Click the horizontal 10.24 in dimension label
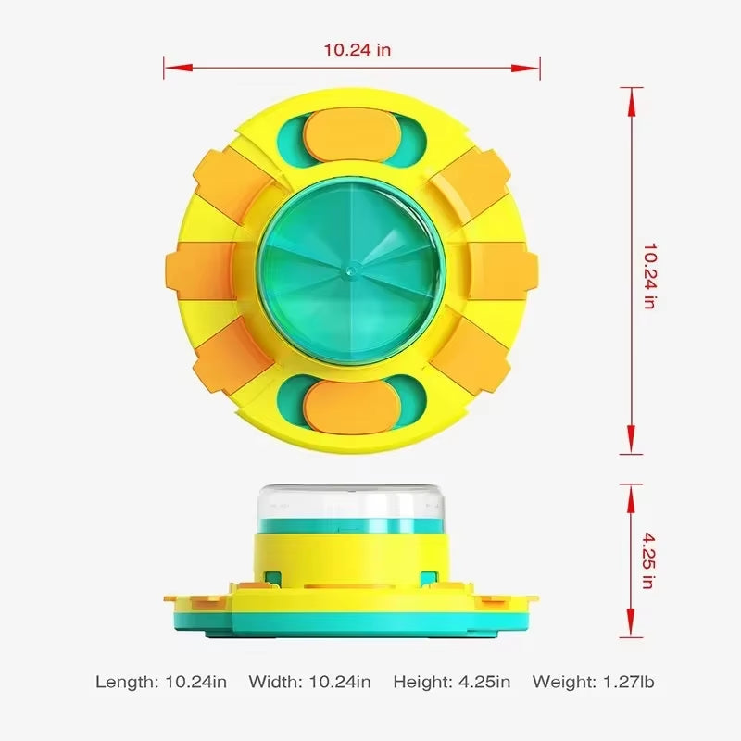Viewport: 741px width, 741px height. [357, 50]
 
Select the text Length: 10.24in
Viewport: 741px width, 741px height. [161, 682]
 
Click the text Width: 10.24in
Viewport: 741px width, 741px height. [309, 682]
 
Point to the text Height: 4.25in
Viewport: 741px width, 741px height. [451, 682]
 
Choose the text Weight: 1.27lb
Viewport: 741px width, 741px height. [594, 682]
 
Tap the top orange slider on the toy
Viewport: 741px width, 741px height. [351, 135]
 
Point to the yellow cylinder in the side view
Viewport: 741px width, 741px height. [351, 560]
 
